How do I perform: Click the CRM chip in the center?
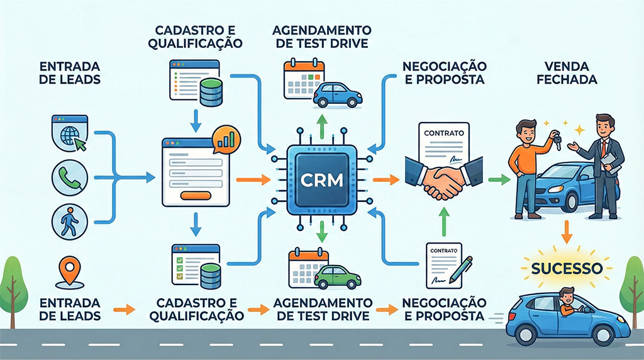(322, 180)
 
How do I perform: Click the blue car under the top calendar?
(337, 94)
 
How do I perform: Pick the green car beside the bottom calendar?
(337, 276)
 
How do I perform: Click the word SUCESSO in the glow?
(567, 268)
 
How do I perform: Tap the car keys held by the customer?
(555, 138)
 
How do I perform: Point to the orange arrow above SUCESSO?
(566, 232)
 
